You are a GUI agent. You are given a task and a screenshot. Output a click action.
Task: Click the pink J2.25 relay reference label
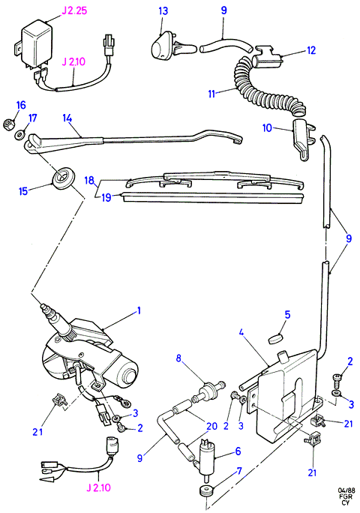click(74, 10)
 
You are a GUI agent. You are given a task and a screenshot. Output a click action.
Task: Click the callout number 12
click(311, 50)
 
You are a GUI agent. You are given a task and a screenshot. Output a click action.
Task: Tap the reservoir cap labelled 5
click(276, 338)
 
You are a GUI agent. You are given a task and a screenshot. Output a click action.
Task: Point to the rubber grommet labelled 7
click(205, 490)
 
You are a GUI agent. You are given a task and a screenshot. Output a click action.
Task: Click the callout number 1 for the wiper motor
click(139, 310)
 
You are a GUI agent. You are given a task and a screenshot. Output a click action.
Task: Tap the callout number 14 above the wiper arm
click(67, 118)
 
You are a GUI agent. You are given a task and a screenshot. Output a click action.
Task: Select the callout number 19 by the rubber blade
click(106, 197)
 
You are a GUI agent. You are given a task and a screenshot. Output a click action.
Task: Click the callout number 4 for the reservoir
click(241, 333)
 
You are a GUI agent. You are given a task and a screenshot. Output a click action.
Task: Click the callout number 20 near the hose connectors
click(211, 426)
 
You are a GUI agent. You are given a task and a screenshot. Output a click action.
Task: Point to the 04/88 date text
click(346, 490)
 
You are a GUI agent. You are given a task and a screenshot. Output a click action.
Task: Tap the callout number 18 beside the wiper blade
click(89, 180)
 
